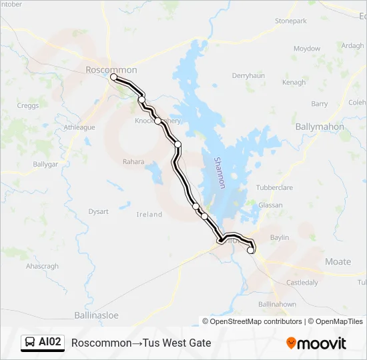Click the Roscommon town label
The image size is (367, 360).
(111, 70)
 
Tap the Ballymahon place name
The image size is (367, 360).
(320, 127)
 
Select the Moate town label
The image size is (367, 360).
(338, 261)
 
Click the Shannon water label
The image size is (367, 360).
(220, 173)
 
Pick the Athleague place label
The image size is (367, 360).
(79, 127)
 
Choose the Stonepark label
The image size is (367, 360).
(291, 21)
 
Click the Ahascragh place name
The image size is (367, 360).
(42, 266)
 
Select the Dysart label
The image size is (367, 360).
(98, 211)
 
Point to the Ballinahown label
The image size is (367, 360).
(276, 304)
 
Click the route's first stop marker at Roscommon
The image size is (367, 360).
(113, 77)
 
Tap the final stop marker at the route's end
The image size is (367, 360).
(251, 251)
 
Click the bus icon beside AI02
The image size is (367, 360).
(30, 343)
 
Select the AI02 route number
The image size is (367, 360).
(50, 343)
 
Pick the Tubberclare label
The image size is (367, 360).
(274, 188)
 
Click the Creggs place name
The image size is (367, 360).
(28, 105)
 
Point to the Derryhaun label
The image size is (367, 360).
(248, 76)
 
